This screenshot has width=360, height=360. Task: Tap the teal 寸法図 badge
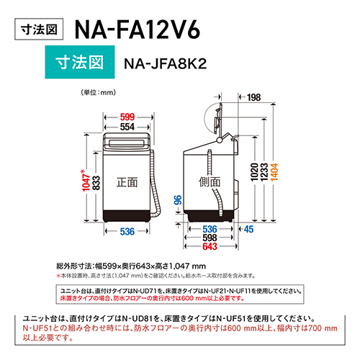coord(77,63)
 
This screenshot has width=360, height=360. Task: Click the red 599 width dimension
coord(127,117)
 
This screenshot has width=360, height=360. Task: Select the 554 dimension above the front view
coord(127,126)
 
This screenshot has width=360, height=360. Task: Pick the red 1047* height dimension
coord(85,183)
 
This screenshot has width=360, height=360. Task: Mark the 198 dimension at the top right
coord(253,97)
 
